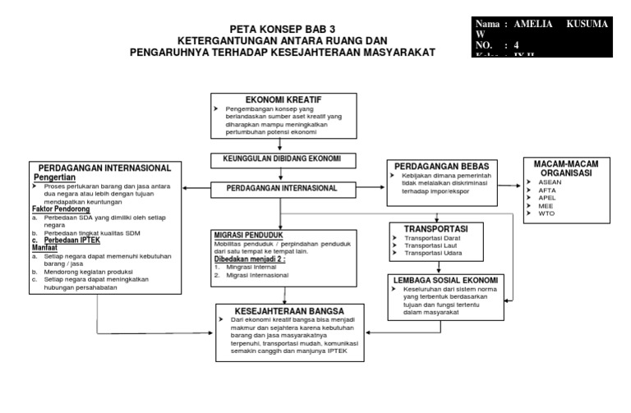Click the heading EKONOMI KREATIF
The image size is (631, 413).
click(282, 99)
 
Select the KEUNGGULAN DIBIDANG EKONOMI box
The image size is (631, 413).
click(282, 158)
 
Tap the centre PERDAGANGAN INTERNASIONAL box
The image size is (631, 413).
click(282, 188)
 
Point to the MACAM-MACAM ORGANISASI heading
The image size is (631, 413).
click(566, 169)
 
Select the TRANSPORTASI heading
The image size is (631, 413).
click(435, 227)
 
